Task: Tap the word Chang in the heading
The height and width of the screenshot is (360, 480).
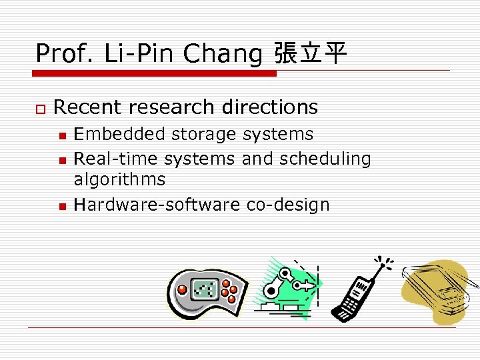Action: pyautogui.click(x=223, y=53)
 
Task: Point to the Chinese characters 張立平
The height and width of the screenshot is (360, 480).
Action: pyautogui.click(x=311, y=53)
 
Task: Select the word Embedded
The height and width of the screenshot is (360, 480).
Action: pyautogui.click(x=119, y=134)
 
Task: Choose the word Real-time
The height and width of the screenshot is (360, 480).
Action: pyautogui.click(x=117, y=159)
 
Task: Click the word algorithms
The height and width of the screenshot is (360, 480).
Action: pyautogui.click(x=119, y=179)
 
